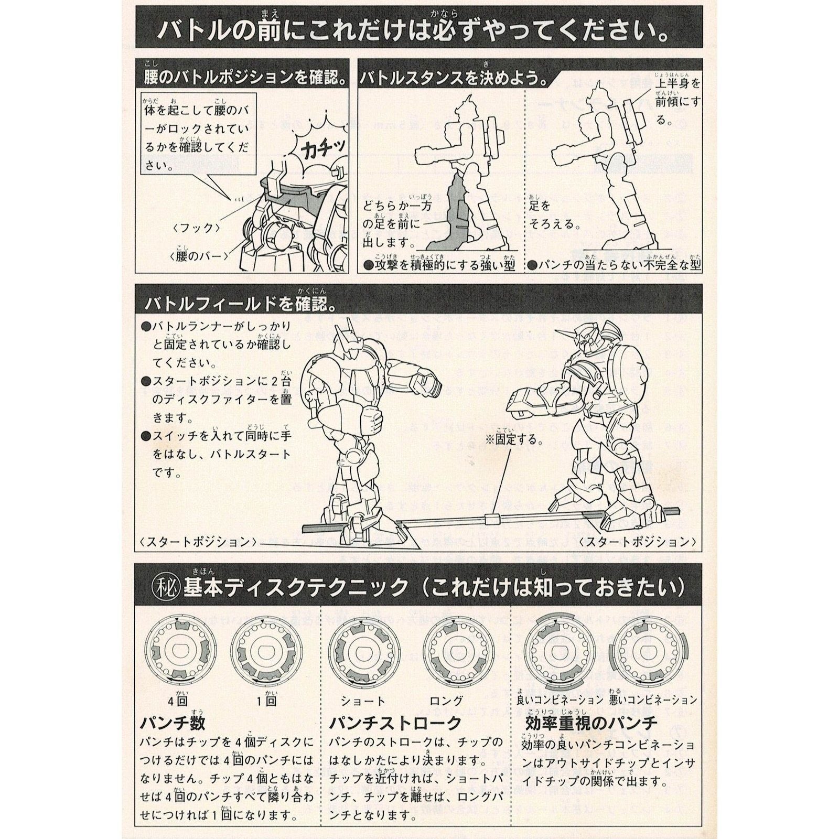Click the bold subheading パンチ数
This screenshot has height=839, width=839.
tap(172, 723)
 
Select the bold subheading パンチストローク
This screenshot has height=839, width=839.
tap(395, 723)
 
